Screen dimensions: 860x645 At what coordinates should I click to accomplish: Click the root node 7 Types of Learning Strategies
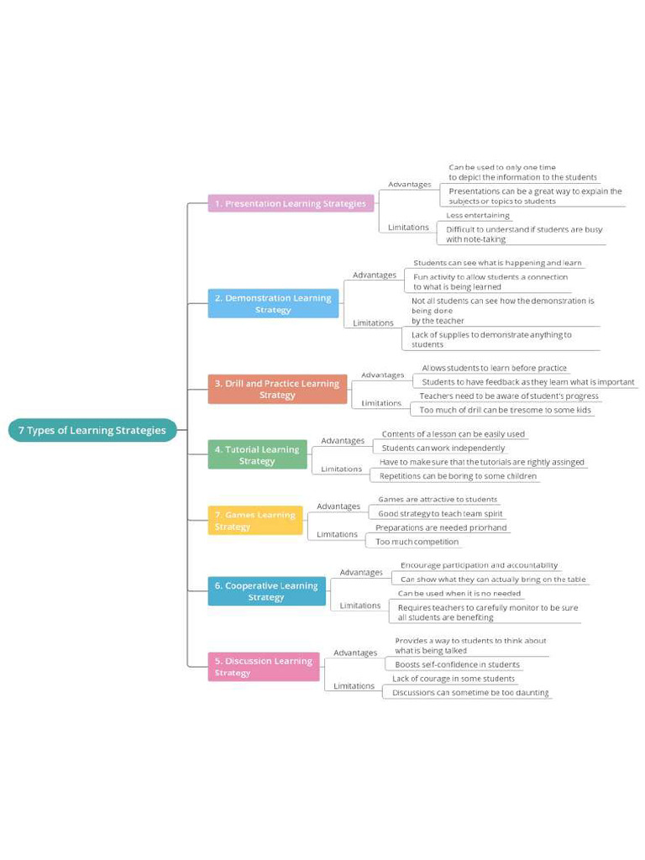92,430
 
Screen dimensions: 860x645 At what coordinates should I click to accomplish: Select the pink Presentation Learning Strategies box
291,203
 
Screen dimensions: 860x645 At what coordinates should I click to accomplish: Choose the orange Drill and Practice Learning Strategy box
277,389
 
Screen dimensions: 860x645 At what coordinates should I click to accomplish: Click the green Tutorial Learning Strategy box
257,454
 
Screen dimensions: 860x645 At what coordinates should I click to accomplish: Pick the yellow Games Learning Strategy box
255,521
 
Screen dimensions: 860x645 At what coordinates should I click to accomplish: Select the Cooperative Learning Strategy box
266,591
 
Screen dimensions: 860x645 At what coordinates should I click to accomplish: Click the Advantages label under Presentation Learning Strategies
409,184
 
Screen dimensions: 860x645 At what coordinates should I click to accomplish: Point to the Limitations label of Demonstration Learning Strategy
373,322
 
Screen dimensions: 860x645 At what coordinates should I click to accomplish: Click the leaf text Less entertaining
477,216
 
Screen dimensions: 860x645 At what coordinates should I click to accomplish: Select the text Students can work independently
443,448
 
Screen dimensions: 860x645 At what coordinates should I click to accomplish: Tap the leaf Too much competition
417,542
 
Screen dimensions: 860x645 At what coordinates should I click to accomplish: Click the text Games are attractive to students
437,499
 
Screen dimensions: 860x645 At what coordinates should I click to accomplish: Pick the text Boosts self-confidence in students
457,664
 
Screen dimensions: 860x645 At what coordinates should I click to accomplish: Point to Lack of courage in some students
454,679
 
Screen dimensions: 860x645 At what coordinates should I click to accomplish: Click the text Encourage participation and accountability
479,565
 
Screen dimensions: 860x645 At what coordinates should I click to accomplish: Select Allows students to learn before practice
494,368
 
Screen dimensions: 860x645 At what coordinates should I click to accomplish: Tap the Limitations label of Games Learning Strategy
337,534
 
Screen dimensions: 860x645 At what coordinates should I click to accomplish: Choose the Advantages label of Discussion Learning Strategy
355,653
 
